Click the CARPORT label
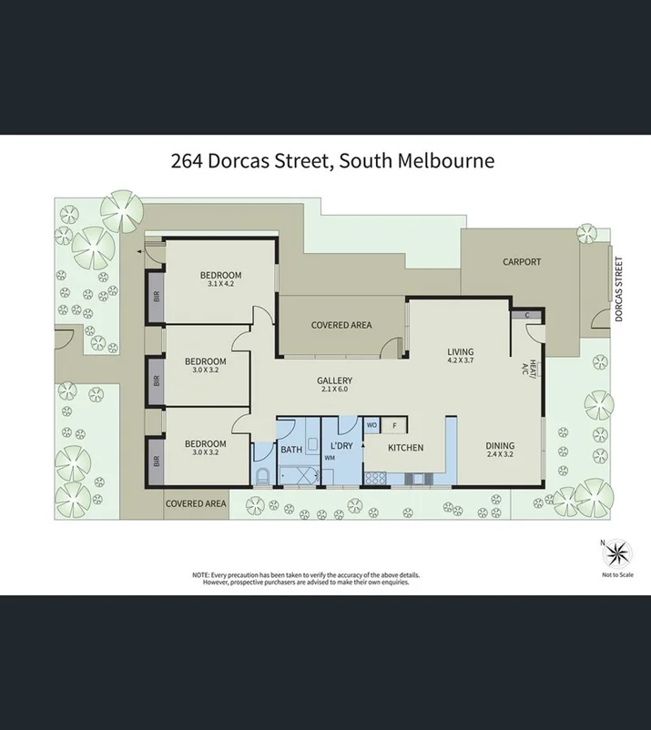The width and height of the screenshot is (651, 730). [522, 262]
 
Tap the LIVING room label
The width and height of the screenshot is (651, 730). [460, 352]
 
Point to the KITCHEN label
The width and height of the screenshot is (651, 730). [405, 448]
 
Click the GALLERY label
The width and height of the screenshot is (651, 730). [334, 381]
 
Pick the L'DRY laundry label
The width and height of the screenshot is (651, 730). [341, 445]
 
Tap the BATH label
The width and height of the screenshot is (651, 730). [290, 450]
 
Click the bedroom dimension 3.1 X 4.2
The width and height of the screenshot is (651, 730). [221, 285]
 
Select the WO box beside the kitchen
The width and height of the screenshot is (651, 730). [372, 425]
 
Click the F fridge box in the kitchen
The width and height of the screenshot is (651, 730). [394, 425]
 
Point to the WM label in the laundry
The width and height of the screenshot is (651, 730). [330, 458]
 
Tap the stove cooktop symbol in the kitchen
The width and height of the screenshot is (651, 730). [374, 479]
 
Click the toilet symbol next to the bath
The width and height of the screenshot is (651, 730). [262, 478]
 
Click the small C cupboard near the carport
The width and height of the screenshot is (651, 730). [527, 315]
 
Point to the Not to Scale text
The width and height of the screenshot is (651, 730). [617, 575]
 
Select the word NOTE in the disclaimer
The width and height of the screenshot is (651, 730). [199, 575]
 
